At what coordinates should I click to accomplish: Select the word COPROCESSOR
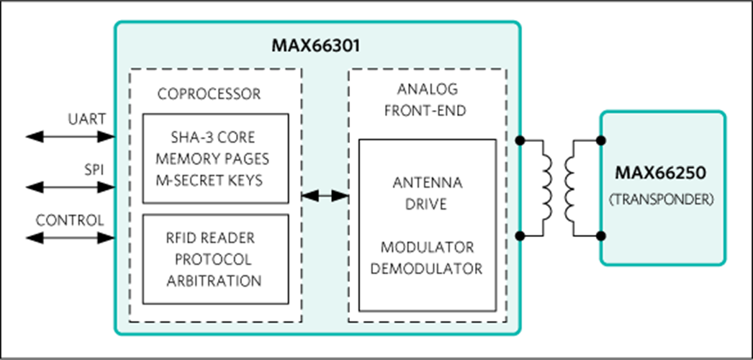pos(209,94)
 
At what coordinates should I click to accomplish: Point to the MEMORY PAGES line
pos(215,158)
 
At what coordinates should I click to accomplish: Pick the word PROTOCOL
pos(215,259)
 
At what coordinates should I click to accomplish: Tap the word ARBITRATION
pos(214,280)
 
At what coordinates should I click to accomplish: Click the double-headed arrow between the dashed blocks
pos(325,196)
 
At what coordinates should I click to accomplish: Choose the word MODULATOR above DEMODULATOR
pos(428,247)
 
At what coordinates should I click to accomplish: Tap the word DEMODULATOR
pos(428,269)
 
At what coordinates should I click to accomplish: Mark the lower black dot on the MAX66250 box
pos(601,236)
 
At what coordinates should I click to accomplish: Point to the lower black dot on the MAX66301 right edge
pos(520,236)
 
